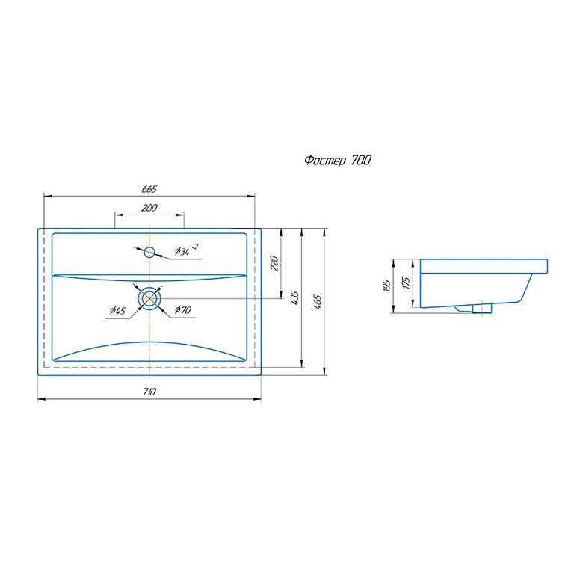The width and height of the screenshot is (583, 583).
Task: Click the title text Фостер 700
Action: click(x=338, y=161)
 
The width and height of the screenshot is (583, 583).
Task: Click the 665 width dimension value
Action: click(x=149, y=189)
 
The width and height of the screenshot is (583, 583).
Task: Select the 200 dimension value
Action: click(x=149, y=208)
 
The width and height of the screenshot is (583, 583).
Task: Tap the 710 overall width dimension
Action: click(x=149, y=392)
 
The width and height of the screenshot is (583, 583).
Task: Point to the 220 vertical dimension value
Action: click(x=274, y=263)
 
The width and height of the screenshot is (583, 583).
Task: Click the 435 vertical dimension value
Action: click(x=294, y=298)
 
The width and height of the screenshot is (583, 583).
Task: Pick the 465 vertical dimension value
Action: click(x=317, y=302)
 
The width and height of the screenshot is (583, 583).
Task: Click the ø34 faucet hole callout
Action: click(x=186, y=250)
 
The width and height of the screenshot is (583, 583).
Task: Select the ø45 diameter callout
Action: click(x=117, y=310)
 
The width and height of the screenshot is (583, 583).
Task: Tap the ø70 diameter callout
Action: click(x=183, y=309)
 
